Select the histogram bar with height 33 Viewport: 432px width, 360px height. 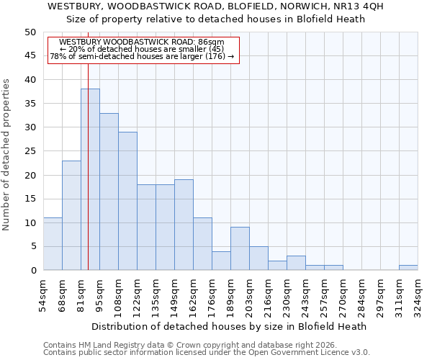pos(109,192)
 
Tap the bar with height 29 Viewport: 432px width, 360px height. pos(127,201)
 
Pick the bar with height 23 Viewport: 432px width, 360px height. pos(71,215)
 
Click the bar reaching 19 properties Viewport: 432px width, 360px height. pos(184,225)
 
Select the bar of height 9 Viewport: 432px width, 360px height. pos(240,248)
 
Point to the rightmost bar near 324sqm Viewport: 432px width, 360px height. pos(408,268)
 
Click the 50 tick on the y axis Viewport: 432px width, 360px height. pos(30,32)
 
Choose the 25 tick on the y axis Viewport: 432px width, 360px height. pos(30,151)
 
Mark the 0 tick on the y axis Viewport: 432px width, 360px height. pos(33,271)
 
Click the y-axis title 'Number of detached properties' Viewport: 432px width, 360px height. pos(6,155)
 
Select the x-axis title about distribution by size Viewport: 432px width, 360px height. pos(230,326)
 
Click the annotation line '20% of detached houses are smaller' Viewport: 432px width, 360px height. pos(142,50)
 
